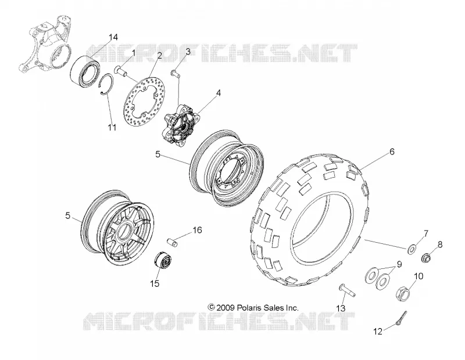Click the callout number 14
point(113,37)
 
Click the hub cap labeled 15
point(163,261)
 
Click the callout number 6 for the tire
point(392,152)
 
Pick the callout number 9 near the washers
point(399,264)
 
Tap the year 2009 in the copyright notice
point(226,308)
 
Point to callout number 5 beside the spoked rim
point(68,215)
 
